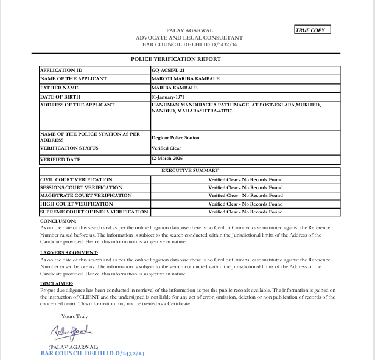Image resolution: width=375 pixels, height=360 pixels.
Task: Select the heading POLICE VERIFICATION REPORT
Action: pyautogui.click(x=176, y=59)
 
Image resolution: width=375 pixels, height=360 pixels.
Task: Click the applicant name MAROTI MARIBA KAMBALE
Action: pyautogui.click(x=186, y=79)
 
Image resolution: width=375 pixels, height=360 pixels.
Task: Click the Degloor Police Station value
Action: pyautogui.click(x=175, y=137)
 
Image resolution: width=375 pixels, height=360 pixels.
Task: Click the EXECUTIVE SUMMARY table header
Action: pyautogui.click(x=189, y=171)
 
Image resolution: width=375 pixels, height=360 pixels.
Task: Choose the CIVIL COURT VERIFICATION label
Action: pyautogui.click(x=76, y=179)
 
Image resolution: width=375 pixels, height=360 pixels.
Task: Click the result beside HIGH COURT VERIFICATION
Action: pyautogui.click(x=245, y=204)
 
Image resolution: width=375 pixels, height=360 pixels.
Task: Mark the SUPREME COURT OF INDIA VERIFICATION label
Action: pyautogui.click(x=94, y=212)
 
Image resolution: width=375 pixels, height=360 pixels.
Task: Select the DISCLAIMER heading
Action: pyautogui.click(x=57, y=283)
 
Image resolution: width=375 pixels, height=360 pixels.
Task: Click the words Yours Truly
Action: pyautogui.click(x=74, y=316)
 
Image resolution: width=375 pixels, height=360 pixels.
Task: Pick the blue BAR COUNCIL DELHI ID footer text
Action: pyautogui.click(x=93, y=353)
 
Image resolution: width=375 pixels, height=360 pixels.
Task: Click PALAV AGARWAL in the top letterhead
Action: pyautogui.click(x=189, y=30)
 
